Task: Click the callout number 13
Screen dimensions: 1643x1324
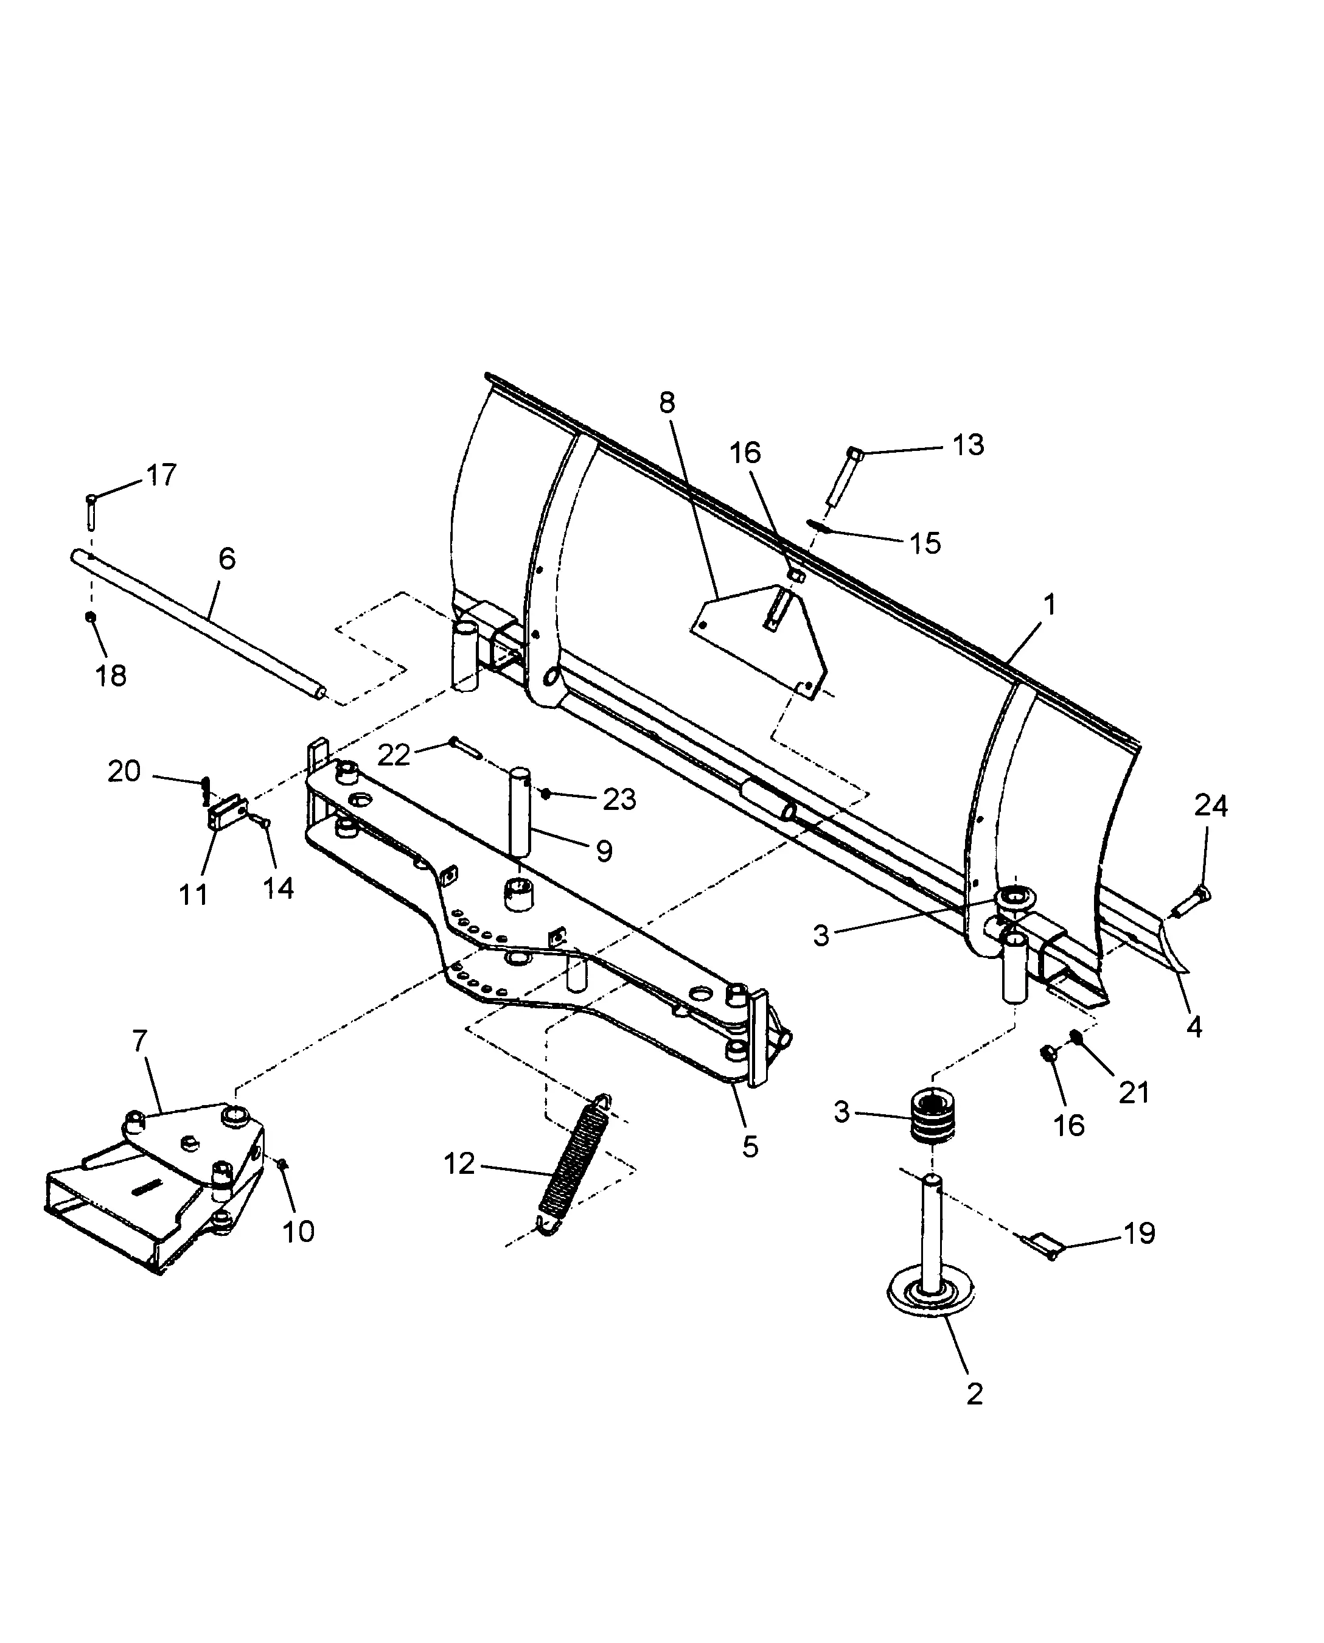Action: click(968, 445)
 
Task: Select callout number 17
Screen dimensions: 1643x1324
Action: click(161, 475)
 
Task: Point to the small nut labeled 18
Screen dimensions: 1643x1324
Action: click(91, 616)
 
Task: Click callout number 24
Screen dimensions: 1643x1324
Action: click(1210, 806)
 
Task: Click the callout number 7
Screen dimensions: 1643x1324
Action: click(139, 1041)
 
